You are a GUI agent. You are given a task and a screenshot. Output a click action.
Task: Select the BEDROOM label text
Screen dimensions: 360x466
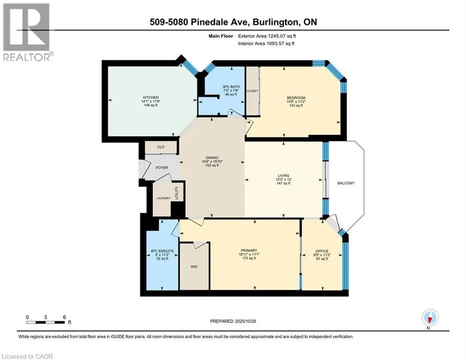[x=296, y=97]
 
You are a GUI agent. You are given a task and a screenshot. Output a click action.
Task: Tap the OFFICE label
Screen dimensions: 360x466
[x=322, y=250]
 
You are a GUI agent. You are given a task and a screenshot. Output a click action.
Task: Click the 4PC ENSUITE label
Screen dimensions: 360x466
[x=162, y=251]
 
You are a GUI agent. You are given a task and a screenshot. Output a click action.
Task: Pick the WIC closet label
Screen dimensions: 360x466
[x=194, y=267]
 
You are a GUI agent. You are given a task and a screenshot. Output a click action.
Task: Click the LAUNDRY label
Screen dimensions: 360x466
[x=163, y=198]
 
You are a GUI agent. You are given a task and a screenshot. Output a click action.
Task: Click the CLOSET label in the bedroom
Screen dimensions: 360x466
[x=252, y=91]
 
